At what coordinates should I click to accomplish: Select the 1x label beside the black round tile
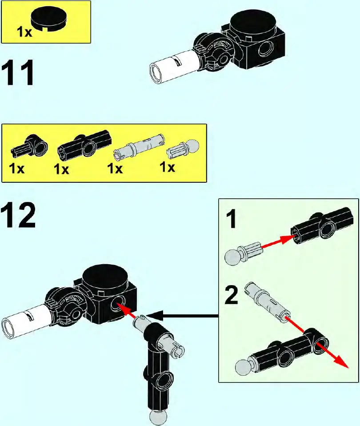click(24, 33)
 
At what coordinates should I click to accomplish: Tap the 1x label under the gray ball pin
click(167, 168)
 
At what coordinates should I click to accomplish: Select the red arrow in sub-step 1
click(278, 244)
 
